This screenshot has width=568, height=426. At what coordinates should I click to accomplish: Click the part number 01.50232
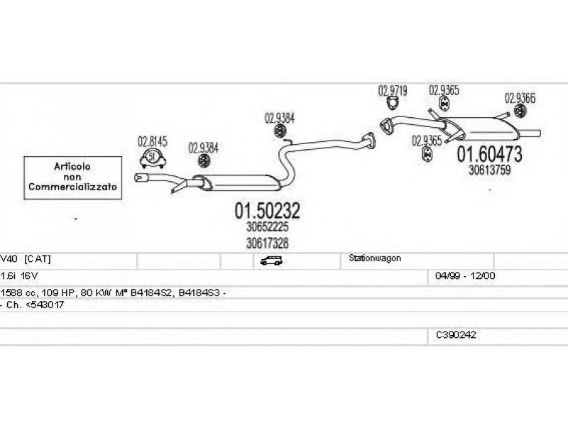268,210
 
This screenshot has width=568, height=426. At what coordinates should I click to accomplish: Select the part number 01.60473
489,154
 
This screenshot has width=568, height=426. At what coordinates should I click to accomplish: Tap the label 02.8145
153,141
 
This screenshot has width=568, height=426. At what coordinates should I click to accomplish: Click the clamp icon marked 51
153,158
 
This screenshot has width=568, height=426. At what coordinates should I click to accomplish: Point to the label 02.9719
393,91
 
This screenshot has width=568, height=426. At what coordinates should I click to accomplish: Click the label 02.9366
520,98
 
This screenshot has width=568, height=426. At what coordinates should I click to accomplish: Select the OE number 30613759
489,170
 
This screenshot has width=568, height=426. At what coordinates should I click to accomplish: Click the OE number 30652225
268,226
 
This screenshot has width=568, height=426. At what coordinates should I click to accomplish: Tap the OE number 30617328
268,243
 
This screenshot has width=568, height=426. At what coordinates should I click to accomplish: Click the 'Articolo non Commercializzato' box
73,178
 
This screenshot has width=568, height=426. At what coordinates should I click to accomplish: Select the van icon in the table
271,261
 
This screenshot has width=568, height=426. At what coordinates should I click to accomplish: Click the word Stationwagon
375,258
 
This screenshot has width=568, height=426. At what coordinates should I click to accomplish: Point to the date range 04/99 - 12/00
465,275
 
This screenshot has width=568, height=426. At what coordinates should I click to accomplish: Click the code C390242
456,335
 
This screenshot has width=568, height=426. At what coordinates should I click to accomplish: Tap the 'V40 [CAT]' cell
26,259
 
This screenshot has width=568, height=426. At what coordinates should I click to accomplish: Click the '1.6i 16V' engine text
19,276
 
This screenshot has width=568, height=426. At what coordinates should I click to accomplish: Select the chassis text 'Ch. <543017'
35,305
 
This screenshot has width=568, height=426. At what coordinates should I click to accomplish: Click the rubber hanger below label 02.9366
520,111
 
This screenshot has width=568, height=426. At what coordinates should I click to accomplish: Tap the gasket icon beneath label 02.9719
393,103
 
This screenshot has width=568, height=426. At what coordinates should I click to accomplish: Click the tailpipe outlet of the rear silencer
530,133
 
